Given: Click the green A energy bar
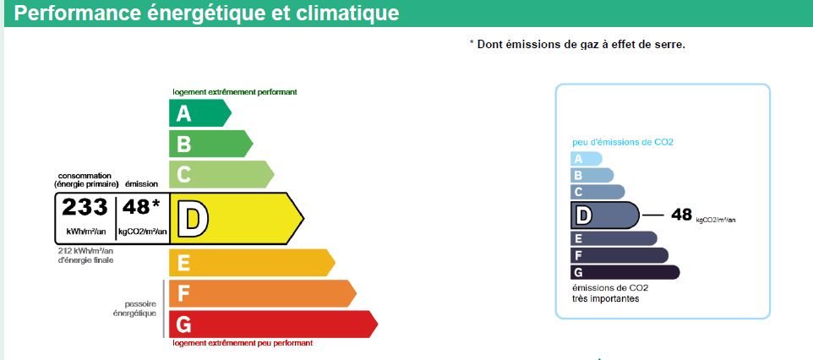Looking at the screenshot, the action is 199,112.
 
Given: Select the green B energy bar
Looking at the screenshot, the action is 210,143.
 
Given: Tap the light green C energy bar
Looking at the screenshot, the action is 221,174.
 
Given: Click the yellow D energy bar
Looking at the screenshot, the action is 237,218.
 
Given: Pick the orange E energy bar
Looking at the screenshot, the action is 252,263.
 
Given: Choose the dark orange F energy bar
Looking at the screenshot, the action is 262,293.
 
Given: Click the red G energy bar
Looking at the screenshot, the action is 273,325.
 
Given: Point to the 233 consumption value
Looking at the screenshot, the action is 85,207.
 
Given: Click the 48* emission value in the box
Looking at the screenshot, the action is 141,206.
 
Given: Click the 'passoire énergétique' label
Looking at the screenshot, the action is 135,308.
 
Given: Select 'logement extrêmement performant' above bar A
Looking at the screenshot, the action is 235,92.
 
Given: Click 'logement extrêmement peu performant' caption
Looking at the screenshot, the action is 243,343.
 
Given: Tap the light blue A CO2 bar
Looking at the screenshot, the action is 587,159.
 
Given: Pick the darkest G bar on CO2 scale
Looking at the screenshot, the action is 625,272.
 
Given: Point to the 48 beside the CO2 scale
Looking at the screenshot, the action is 682,215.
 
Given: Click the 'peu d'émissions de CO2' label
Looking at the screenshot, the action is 623,142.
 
